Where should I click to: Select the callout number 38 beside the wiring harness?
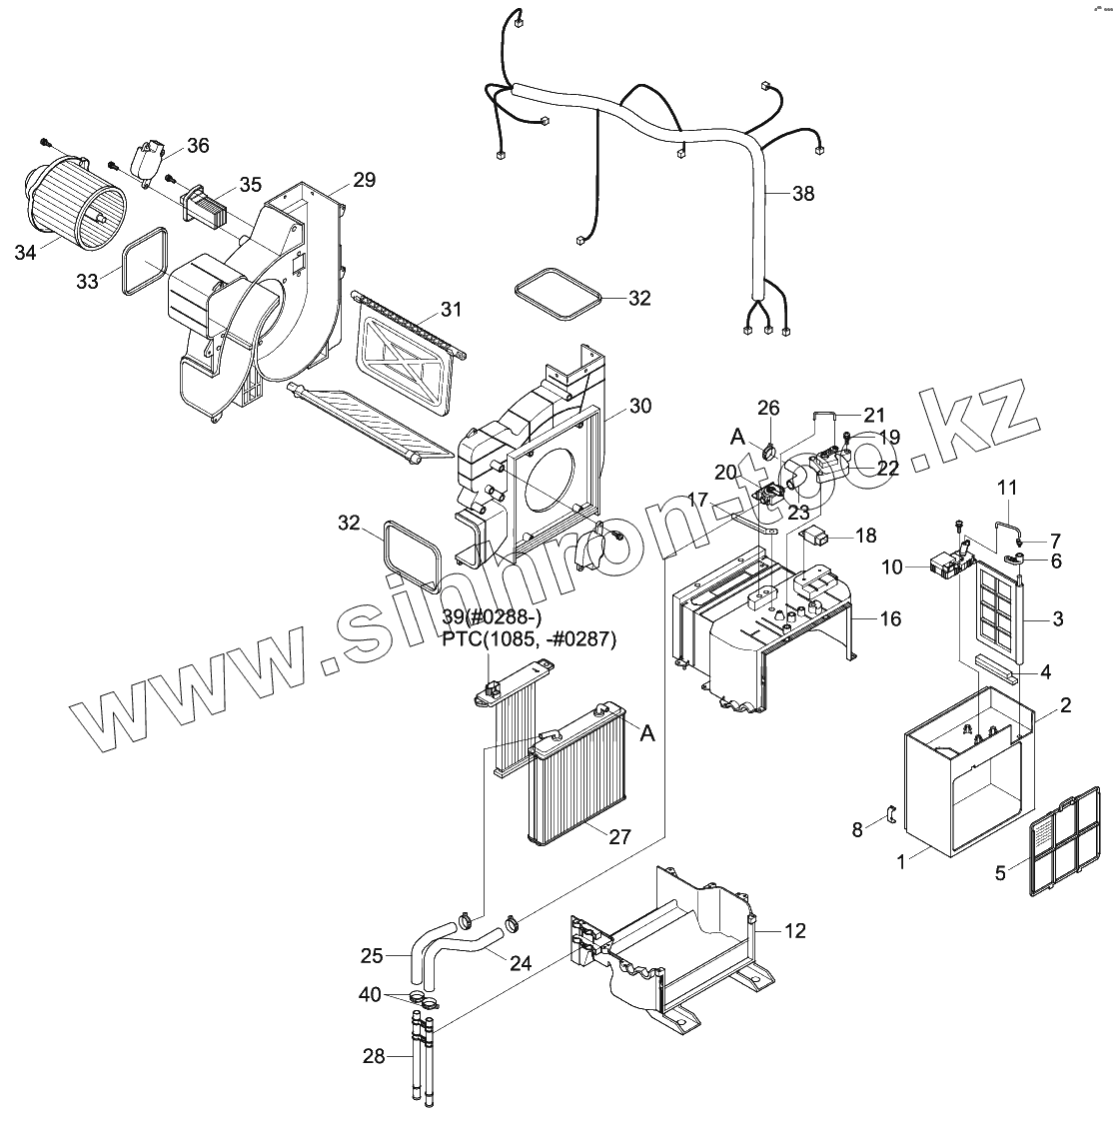802,194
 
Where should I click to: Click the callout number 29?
364,181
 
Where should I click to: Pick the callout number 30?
639,406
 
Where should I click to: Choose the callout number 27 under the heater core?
619,836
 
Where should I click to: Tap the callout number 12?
794,931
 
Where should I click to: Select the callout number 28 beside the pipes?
374,1056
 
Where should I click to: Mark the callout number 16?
890,619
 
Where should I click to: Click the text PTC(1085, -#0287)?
530,639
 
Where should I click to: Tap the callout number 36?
198,146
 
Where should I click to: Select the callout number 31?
452,310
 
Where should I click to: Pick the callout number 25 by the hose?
372,956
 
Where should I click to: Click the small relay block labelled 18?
817,535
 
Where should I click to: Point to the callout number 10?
892,567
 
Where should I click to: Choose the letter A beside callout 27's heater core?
647,732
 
